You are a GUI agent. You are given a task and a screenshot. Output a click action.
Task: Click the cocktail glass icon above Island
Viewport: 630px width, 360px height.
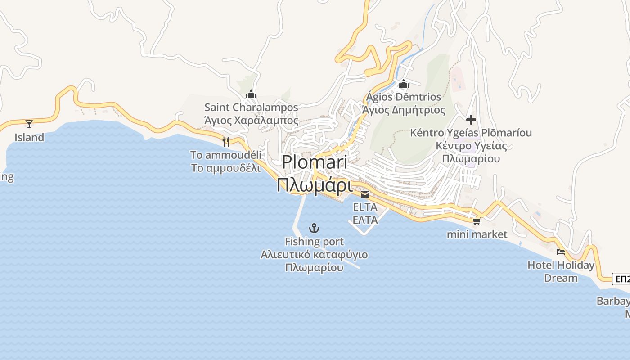point(29,124)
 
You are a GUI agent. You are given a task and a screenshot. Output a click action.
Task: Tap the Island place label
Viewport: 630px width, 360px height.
point(29,138)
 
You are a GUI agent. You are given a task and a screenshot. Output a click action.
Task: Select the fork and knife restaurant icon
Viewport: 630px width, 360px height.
point(226,141)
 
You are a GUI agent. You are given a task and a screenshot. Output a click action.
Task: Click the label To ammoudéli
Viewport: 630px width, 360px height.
point(225,155)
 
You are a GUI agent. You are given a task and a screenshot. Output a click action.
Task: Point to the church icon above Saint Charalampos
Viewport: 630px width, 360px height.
point(251,94)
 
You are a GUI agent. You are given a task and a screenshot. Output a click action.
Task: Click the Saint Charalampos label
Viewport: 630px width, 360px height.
point(251,108)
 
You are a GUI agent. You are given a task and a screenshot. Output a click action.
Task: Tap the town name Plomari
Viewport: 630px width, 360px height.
point(315,162)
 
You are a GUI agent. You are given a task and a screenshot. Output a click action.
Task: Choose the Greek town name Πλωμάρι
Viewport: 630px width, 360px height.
point(314,185)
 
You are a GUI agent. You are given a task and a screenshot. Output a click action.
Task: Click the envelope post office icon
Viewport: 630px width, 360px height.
point(365,194)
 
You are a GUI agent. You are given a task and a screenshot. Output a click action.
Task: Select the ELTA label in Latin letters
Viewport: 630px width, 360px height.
point(365,207)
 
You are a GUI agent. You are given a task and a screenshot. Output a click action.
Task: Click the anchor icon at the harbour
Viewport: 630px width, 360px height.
point(315,228)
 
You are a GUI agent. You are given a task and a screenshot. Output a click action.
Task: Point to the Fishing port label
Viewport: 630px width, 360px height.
point(314,242)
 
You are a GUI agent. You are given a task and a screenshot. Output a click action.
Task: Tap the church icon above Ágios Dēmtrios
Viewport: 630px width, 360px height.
point(404,84)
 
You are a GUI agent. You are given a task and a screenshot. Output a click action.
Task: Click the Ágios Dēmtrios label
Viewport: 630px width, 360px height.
point(404,97)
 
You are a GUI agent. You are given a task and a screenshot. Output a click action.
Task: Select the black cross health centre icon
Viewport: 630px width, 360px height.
point(471,120)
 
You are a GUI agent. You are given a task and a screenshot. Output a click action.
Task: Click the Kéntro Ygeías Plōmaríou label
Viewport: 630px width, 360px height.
point(471,133)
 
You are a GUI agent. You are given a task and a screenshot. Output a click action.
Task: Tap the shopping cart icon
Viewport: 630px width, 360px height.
point(477,221)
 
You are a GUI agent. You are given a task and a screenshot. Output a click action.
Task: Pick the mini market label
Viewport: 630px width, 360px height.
point(477,234)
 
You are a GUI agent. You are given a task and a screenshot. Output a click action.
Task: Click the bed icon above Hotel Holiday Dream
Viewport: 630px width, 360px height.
point(561,252)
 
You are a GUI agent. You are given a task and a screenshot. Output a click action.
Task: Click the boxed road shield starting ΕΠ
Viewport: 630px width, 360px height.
point(621,279)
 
